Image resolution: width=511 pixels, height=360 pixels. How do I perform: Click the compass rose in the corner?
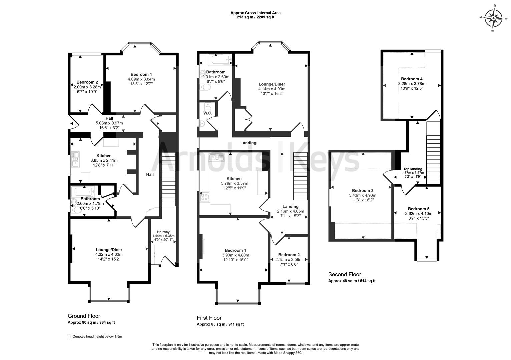click(x=493, y=18)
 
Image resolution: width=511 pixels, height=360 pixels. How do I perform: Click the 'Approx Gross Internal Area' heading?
click(x=255, y=13)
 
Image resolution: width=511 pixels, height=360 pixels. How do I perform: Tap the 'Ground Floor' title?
click(x=84, y=316)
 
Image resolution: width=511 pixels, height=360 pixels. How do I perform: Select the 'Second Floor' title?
click(x=344, y=274)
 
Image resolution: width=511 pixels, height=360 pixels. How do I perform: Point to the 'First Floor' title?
click(x=209, y=318)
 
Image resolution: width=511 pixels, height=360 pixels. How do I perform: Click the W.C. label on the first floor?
click(x=208, y=113)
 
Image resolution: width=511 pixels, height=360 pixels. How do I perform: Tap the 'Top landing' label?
click(x=413, y=169)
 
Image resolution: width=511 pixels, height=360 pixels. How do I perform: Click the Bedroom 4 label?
click(x=412, y=79)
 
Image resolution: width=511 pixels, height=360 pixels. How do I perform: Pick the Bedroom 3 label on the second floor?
click(x=362, y=191)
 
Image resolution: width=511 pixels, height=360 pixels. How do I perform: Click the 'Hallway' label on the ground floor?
click(x=163, y=232)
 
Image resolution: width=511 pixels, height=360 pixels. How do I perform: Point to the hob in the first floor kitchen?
click(x=204, y=197)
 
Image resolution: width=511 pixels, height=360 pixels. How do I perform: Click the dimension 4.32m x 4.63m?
click(x=109, y=254)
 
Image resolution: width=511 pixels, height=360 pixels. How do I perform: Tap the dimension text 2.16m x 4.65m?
click(x=290, y=211)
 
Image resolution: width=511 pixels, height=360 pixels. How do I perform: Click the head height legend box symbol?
click(x=69, y=337)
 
